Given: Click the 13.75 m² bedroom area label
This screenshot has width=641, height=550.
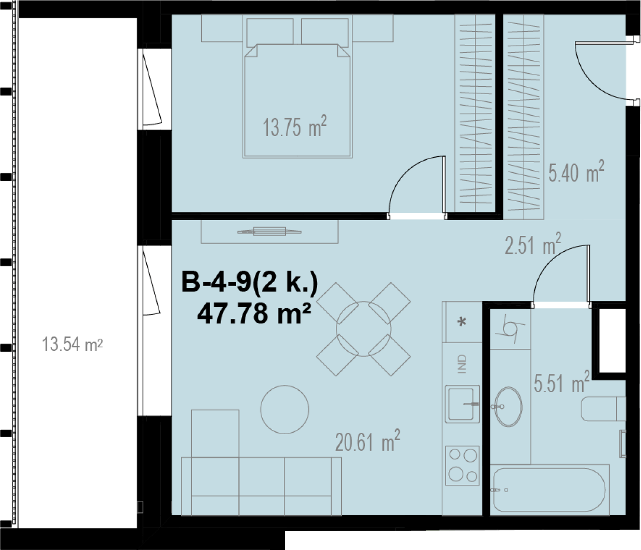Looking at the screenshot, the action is (x=294, y=126).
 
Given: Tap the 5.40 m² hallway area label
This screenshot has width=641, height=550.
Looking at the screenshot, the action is (x=576, y=171).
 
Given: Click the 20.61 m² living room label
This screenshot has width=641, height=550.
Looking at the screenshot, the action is (x=367, y=441).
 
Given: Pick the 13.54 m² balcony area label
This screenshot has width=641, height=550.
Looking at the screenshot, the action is (x=72, y=344).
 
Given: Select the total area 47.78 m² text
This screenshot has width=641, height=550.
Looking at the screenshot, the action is (x=254, y=313).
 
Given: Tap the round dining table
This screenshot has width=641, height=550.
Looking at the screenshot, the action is (x=363, y=329).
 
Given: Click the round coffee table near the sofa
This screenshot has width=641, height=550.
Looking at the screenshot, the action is (x=284, y=410).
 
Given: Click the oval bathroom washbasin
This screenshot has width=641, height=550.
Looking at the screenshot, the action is (x=509, y=406).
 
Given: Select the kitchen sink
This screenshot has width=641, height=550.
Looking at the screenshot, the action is (x=462, y=404).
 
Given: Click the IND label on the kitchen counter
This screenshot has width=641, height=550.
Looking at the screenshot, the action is (x=462, y=364).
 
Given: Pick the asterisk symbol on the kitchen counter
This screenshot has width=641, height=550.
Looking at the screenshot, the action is (x=462, y=322).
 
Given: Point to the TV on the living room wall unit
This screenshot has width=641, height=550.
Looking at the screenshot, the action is (x=269, y=231).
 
